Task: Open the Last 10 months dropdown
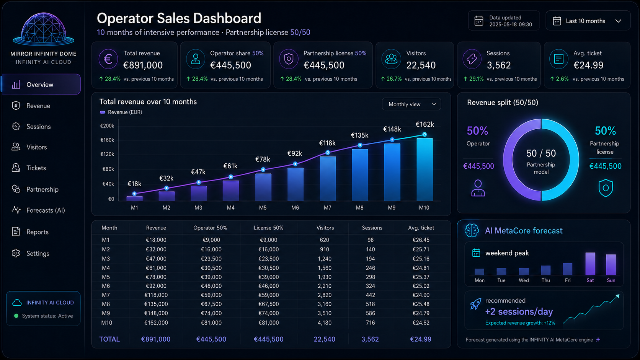tap(588, 21)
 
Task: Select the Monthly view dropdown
tap(411, 104)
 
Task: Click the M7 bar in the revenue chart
tap(328, 178)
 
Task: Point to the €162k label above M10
tap(424, 124)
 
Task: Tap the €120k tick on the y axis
tap(107, 154)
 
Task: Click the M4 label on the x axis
tap(230, 208)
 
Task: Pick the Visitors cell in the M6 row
tap(324, 286)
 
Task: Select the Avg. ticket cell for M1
tap(421, 240)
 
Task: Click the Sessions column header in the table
tap(372, 228)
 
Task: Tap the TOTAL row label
tap(109, 339)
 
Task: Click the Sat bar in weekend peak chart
tap(590, 264)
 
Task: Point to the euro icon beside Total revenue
tap(108, 59)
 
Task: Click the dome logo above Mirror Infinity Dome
tap(43, 29)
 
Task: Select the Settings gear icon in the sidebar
tap(16, 253)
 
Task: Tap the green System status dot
tap(16, 316)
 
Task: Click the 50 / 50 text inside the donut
tap(541, 153)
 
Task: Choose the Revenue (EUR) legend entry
tap(121, 112)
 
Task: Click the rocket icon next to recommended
tap(475, 304)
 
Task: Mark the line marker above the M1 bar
tap(134, 194)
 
